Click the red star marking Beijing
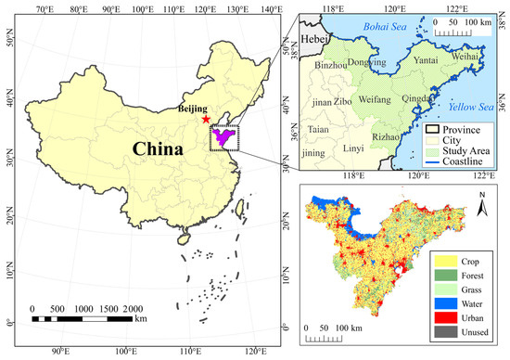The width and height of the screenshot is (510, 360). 205,120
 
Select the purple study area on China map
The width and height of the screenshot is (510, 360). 223,136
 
